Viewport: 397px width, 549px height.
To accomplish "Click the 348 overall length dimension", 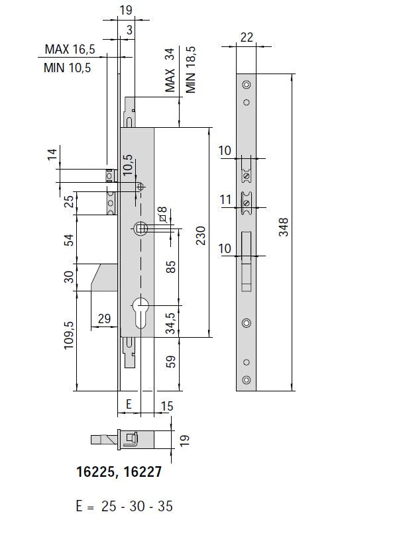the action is coord(284,227).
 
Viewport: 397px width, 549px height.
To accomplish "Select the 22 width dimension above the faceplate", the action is coord(247,37).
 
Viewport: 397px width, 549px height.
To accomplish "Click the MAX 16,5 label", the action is coord(70,50).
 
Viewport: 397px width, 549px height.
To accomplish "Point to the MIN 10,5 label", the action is coord(68,68).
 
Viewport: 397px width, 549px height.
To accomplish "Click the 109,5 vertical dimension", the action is coord(69,335).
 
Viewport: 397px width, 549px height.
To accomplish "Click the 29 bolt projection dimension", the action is coord(104,319).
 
